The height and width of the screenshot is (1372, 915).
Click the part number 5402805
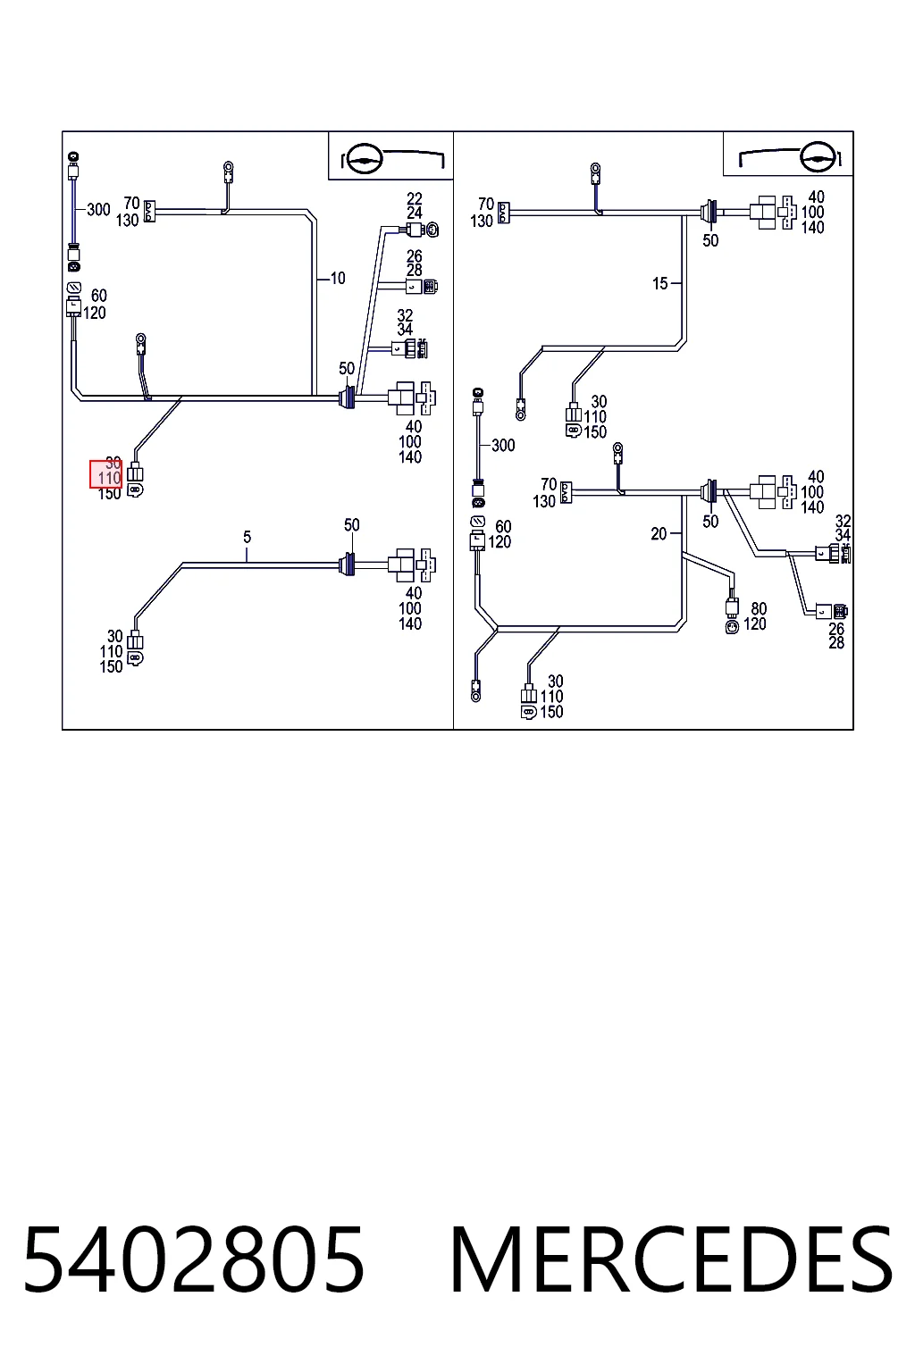[x=194, y=1259]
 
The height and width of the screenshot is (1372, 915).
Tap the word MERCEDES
[x=671, y=1259]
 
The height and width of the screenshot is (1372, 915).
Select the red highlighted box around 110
[x=106, y=474]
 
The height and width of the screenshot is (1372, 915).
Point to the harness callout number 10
[x=338, y=279]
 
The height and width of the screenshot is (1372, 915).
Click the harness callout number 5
[x=247, y=537]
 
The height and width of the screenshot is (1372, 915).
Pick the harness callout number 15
[x=660, y=283]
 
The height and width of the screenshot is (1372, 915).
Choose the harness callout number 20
[x=659, y=534]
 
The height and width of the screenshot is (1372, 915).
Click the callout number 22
[x=415, y=199]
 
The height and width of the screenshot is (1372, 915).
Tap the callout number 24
[x=415, y=213]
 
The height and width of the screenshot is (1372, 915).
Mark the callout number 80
[x=759, y=609]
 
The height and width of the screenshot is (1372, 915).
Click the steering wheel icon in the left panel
[x=364, y=159]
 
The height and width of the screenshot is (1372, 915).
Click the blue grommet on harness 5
[x=348, y=565]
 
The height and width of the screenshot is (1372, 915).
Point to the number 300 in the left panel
[x=98, y=210]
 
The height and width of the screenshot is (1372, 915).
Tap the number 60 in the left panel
[x=98, y=296]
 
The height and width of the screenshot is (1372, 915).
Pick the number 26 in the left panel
[x=415, y=256]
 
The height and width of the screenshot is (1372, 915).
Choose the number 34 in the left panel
[x=405, y=330]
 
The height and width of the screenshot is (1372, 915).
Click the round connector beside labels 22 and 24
[x=432, y=230]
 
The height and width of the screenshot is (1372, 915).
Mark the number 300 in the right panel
[x=503, y=446]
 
